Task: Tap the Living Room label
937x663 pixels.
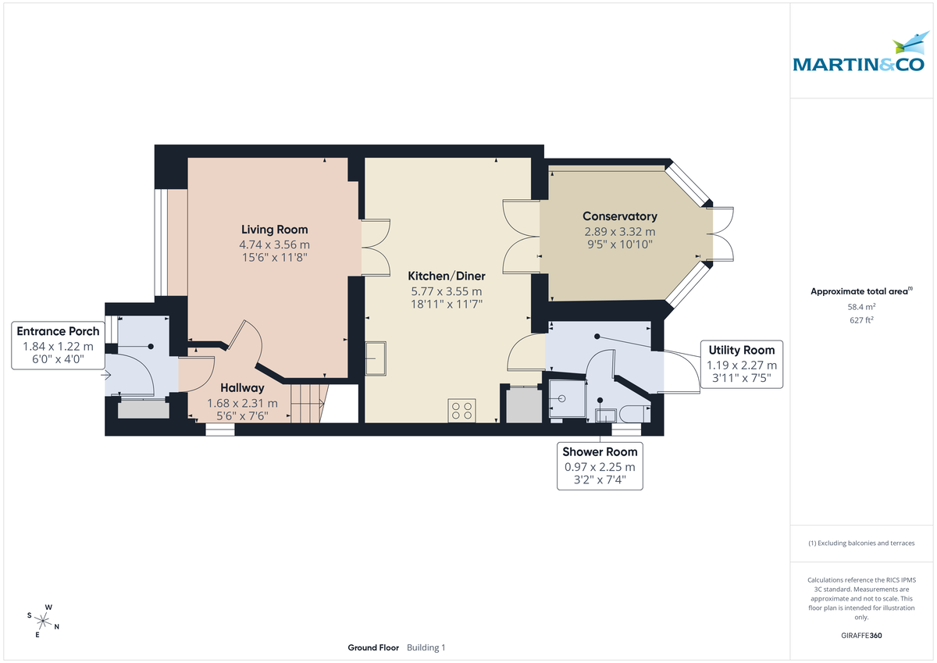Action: click(274, 230)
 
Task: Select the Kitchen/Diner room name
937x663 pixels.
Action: click(447, 276)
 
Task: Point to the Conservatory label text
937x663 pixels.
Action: click(620, 216)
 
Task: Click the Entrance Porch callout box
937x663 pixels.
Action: click(59, 345)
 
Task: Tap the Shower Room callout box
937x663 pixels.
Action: click(600, 466)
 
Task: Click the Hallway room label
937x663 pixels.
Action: click(242, 387)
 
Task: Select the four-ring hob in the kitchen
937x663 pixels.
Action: click(461, 411)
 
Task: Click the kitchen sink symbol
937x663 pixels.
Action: click(378, 358)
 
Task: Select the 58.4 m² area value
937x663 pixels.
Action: click(862, 307)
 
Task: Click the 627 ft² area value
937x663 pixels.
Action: click(862, 319)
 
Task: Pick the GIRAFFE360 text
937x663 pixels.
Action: click(862, 636)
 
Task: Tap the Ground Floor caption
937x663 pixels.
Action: click(373, 647)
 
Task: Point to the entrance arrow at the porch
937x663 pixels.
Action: click(106, 375)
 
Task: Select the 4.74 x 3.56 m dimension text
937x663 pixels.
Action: click(274, 244)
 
